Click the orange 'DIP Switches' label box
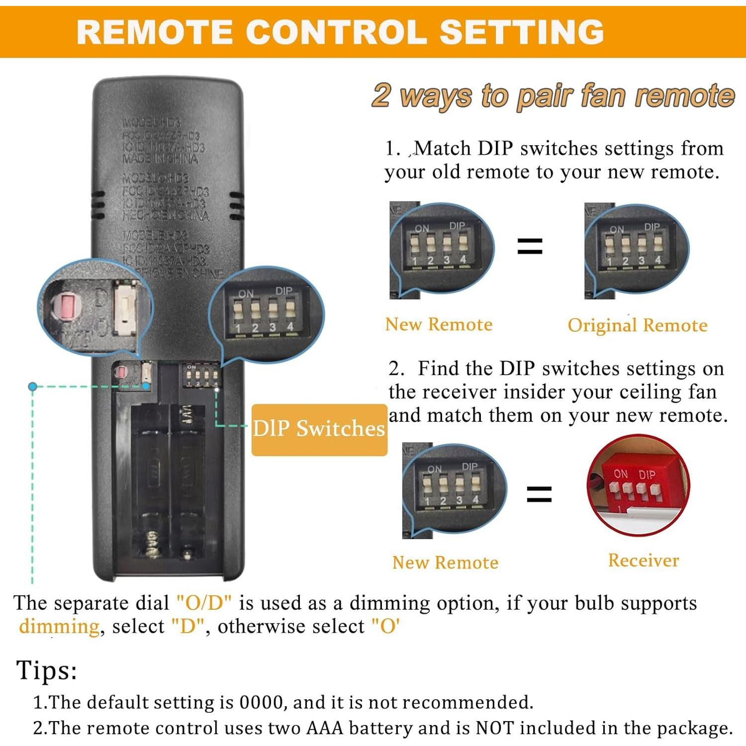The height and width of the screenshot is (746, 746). pos(319,429)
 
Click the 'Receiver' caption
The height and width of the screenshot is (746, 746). pos(643,560)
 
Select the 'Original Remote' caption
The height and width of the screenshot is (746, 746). pos(637,325)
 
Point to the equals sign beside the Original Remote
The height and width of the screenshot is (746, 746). pos(530,246)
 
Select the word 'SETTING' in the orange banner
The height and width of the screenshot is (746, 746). pos(522,32)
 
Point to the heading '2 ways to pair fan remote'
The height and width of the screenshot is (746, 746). pos(553,95)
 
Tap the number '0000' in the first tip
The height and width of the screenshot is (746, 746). pos(262,702)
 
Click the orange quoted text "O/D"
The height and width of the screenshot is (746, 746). pos(204,603)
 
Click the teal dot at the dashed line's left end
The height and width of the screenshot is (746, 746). pos(33,386)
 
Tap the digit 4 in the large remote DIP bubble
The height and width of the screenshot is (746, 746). pos(290,327)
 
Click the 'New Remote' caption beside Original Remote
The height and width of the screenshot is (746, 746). pos(439,324)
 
